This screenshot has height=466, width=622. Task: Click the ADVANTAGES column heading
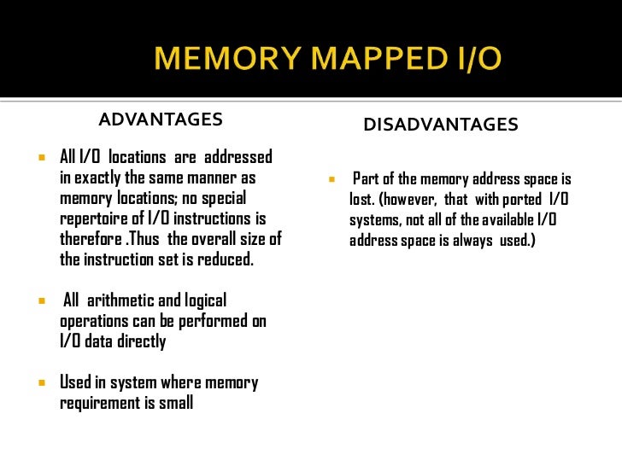click(161, 119)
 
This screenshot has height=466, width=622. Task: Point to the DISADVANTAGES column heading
click(441, 125)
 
